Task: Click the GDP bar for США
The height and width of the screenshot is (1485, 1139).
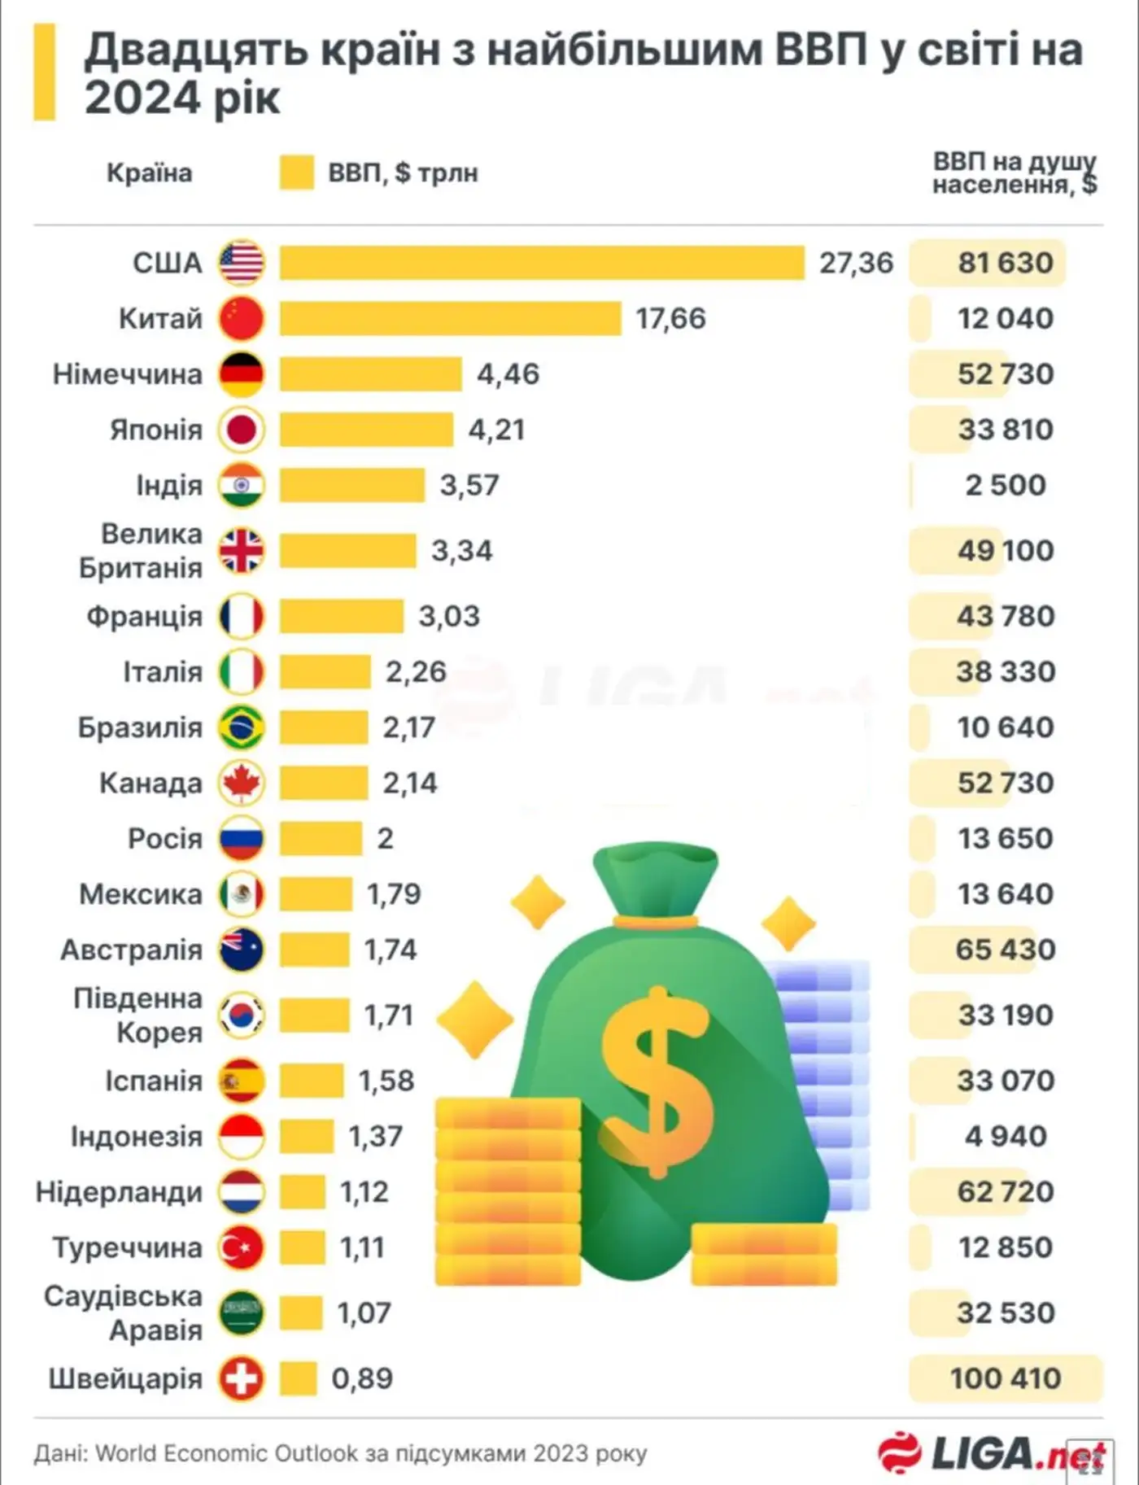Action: pos(542,263)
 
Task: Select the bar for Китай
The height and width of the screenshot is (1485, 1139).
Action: pos(450,318)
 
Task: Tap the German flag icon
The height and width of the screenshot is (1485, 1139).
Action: pos(242,374)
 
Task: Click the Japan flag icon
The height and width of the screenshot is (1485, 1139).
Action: pos(242,430)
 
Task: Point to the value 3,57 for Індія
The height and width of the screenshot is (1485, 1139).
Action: pos(469,485)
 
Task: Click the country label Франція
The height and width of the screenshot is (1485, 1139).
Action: pos(144,616)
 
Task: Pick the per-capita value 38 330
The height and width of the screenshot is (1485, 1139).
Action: pos(1006,671)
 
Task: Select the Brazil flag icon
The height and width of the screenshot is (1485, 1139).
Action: pos(242,727)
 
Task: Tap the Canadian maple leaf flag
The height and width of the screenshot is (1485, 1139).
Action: pos(242,783)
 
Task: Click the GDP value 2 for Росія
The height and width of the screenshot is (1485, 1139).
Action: pos(385,838)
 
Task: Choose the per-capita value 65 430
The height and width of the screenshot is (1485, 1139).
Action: pos(1006,950)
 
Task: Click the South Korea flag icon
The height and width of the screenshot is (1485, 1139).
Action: pos(242,1015)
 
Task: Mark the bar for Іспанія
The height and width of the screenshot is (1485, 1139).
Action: pos(312,1081)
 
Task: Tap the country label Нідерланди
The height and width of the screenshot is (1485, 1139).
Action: pos(119,1192)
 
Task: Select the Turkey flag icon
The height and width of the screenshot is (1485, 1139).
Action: pos(242,1247)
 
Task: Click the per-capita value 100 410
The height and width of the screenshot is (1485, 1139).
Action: pos(1006,1378)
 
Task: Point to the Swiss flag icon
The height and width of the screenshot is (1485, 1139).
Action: pos(242,1378)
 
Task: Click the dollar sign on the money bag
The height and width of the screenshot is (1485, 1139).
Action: pos(657,1082)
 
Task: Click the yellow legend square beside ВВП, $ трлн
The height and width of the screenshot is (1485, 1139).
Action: pos(296,173)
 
